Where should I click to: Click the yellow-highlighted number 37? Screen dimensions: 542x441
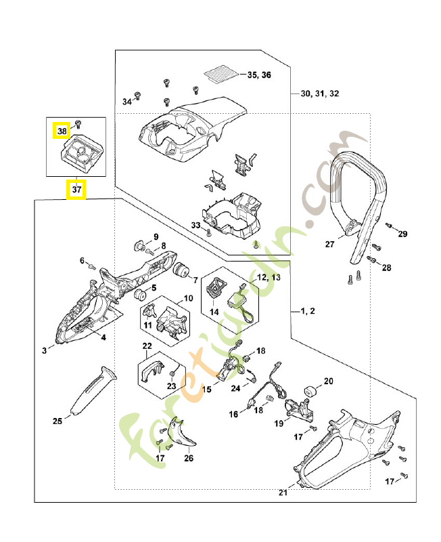(x=76, y=190)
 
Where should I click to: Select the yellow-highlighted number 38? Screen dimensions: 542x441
(x=62, y=130)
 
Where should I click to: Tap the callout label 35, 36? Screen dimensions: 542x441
(x=259, y=75)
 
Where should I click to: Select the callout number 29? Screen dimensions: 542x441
(x=403, y=234)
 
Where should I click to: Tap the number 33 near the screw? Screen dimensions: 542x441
(x=195, y=225)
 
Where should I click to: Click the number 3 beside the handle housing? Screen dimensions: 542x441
(x=44, y=350)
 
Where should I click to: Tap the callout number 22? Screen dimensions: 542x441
(x=147, y=346)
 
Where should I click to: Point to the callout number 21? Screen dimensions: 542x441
(x=283, y=493)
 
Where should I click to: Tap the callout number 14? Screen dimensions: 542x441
(x=214, y=312)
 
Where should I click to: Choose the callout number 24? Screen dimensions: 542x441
(x=235, y=389)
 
